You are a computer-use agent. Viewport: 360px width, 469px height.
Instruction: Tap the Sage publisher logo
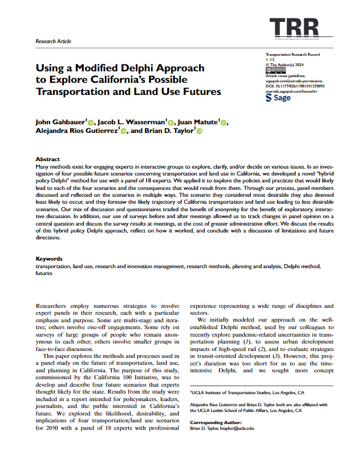[278, 98]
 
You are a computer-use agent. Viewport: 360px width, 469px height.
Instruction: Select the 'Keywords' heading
[49, 259]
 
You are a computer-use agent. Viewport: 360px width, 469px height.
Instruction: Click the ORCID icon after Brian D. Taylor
[200, 131]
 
